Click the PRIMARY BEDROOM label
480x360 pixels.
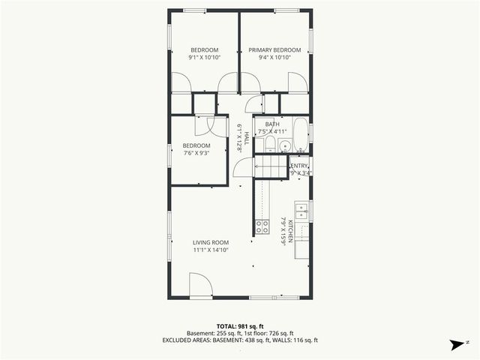tap(274, 50)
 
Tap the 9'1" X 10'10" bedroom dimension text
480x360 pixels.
tap(204, 58)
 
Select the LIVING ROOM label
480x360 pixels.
tap(210, 242)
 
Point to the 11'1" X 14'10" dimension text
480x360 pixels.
tap(210, 250)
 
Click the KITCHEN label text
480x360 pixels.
tap(283, 232)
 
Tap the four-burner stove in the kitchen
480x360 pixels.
tap(262, 225)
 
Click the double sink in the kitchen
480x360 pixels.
tap(301, 210)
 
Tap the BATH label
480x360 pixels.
tap(271, 124)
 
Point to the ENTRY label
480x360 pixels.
tap(299, 166)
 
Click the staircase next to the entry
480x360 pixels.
tap(271, 166)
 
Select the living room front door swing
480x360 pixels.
tap(199, 285)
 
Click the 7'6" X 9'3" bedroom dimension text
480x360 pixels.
tap(196, 152)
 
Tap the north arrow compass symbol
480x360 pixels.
tap(454, 345)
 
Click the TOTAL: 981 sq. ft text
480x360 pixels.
tap(239, 326)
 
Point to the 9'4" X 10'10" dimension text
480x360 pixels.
tap(274, 58)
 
